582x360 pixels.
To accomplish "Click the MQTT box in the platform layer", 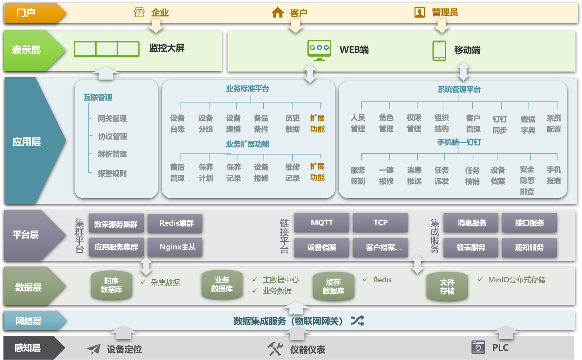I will [x=322, y=223].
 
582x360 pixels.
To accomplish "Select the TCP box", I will [x=380, y=223].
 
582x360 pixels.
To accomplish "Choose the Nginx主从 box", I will [x=177, y=247].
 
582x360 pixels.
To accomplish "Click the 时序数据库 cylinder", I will [x=112, y=285].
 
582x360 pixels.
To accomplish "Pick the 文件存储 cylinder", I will [x=447, y=287].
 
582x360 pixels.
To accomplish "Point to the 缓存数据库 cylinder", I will [x=333, y=287].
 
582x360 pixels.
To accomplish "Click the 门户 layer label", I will [x=26, y=13].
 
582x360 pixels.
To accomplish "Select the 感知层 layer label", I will [x=28, y=348].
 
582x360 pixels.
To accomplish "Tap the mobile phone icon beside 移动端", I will [x=439, y=50].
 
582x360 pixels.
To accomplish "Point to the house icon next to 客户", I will [x=278, y=13].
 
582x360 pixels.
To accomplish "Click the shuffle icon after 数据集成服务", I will [x=358, y=321].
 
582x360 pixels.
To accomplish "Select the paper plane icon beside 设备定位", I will [x=94, y=349].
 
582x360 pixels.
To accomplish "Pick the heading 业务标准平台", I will [x=247, y=89].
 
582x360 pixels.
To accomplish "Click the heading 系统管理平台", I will [x=459, y=90].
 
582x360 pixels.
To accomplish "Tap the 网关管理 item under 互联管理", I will [x=112, y=119].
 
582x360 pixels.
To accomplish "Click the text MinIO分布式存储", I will [x=517, y=280].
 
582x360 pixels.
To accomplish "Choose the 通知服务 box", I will [x=529, y=248].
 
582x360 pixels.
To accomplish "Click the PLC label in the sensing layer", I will [x=500, y=348].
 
